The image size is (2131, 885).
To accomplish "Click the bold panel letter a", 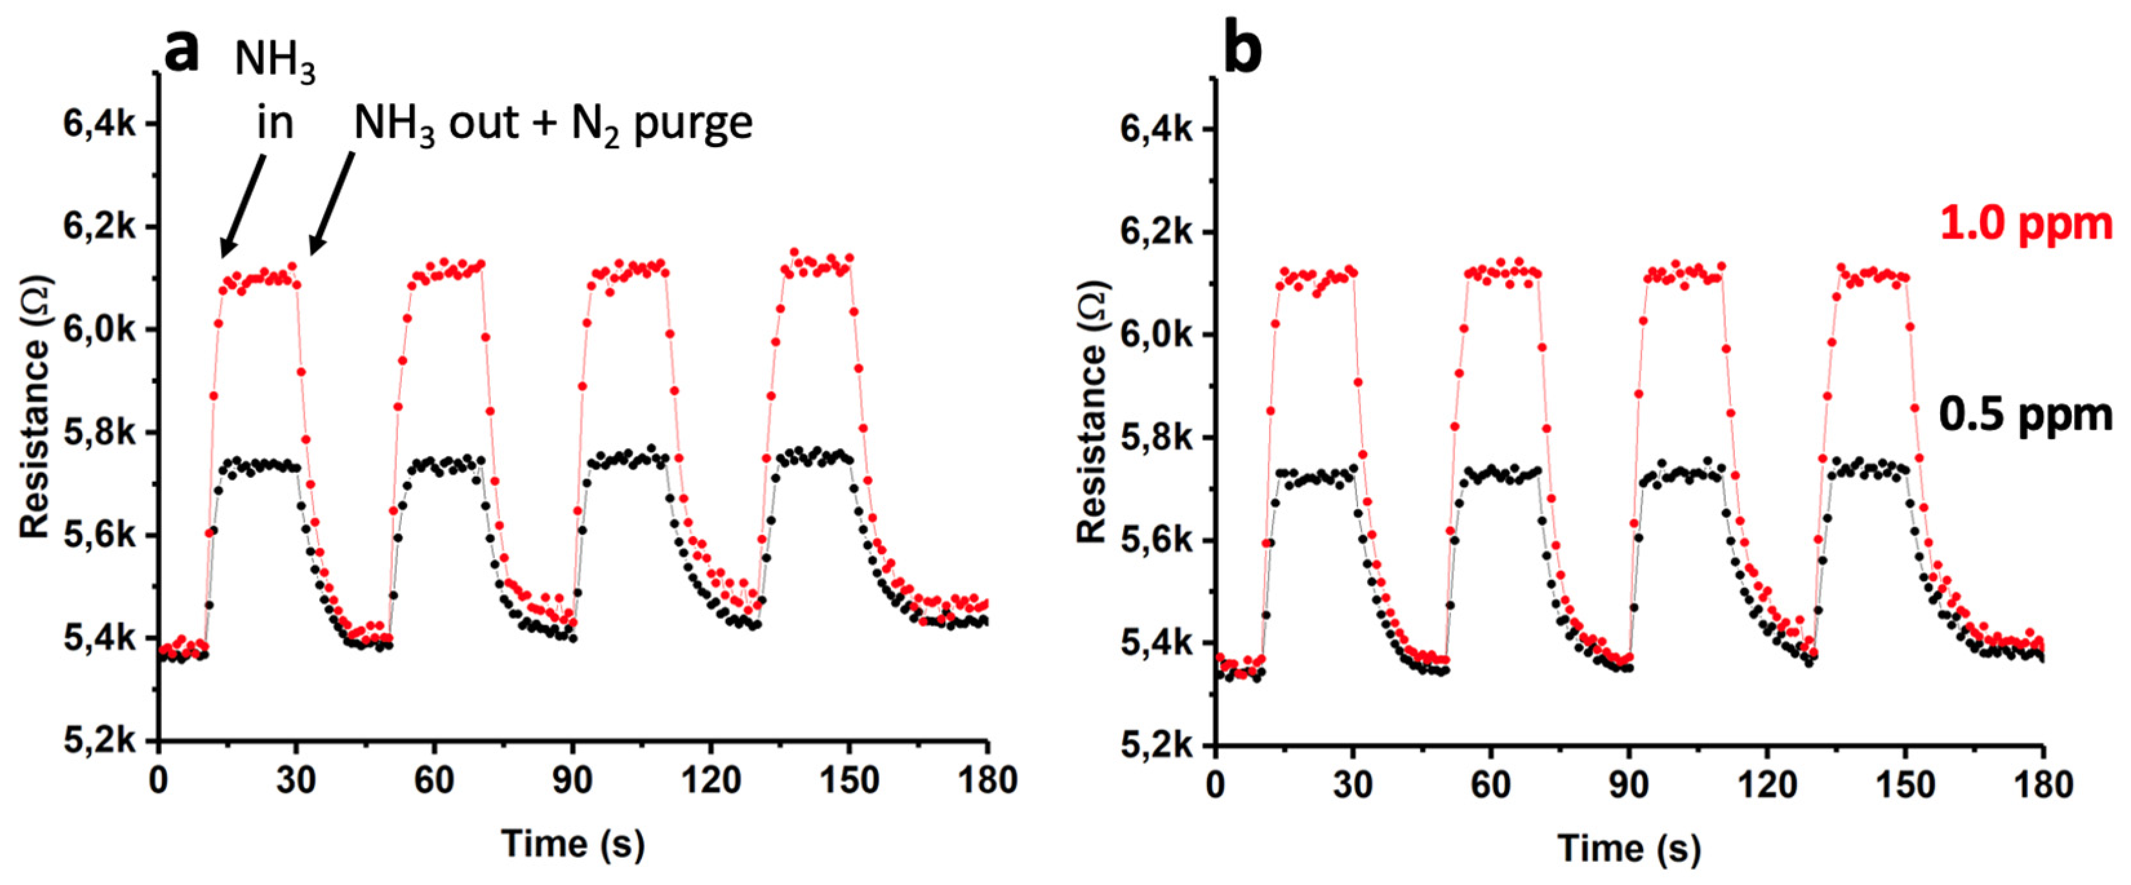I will point(181,51).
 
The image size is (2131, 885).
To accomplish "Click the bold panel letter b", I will point(1243,51).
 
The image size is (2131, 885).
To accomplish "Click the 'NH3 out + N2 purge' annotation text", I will point(553,124).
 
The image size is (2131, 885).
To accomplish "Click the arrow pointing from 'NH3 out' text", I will point(331,203).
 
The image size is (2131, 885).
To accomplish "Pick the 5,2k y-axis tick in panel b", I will point(1156,746).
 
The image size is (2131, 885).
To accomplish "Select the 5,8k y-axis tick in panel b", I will point(1156,439).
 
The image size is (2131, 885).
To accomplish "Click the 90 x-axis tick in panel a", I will point(572,780).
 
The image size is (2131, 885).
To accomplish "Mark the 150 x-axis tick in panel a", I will point(849,780).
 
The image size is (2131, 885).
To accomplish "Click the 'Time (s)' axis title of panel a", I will point(572,844).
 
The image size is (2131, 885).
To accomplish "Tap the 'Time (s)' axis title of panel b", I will point(1629,848).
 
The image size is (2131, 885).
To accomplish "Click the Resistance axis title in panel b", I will point(1092,413).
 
